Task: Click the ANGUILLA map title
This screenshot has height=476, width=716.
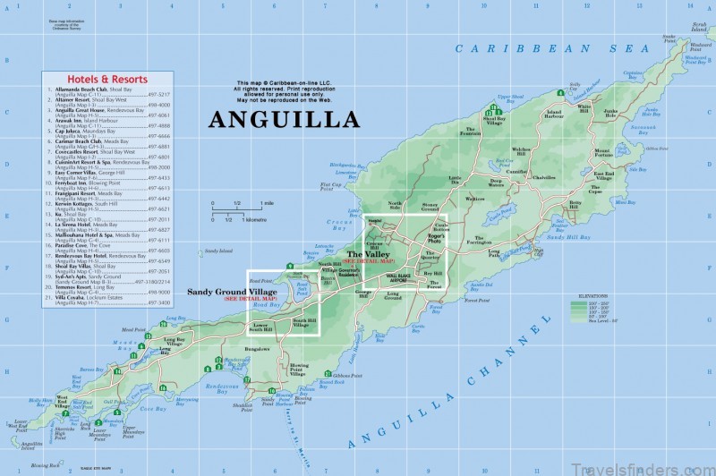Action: click(284, 120)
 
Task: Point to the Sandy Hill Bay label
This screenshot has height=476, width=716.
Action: click(569, 237)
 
